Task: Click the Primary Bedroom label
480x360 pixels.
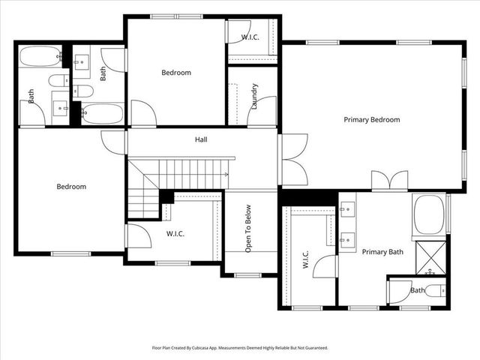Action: (371, 119)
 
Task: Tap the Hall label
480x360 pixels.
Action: (201, 139)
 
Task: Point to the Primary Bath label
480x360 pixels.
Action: (382, 252)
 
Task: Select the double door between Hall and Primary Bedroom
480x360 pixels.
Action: (293, 159)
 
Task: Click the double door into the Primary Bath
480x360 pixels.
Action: (390, 181)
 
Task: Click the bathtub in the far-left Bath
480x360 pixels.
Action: (40, 57)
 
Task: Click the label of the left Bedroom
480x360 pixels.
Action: (72, 187)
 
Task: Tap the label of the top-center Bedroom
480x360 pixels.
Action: (176, 73)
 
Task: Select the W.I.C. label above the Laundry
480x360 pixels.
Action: (250, 37)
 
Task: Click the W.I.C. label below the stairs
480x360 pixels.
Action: (175, 234)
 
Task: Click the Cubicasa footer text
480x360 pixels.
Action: (239, 348)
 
